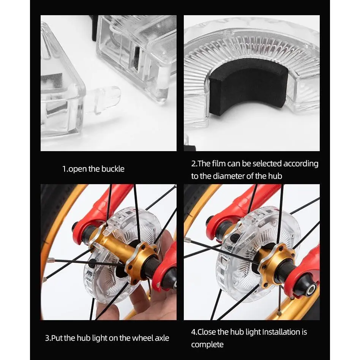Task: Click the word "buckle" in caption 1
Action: pyautogui.click(x=113, y=169)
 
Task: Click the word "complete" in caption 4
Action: pyautogui.click(x=207, y=344)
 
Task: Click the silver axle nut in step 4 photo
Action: pyautogui.click(x=311, y=291)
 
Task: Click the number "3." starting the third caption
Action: pyautogui.click(x=48, y=338)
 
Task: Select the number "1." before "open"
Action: pyautogui.click(x=65, y=169)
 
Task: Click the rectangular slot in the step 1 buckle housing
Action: pyautogui.click(x=136, y=58)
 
